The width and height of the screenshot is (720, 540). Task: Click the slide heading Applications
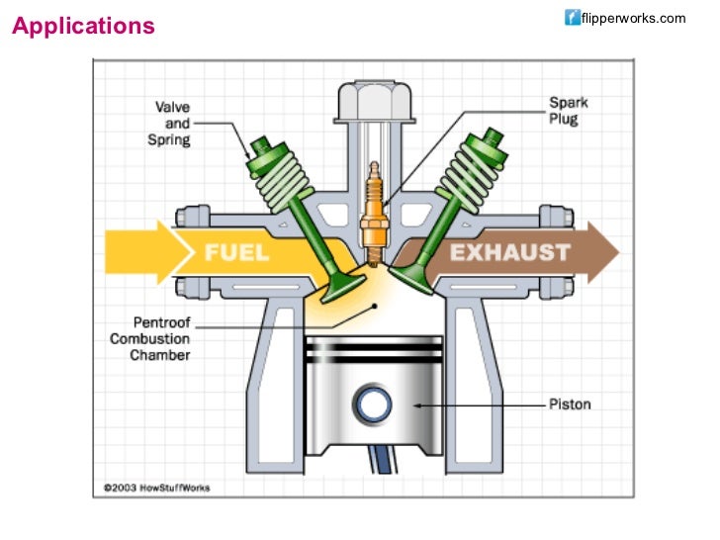83,26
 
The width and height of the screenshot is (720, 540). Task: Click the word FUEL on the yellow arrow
236,252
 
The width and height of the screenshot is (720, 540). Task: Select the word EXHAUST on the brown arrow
509,252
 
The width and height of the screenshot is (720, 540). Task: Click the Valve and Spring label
172,124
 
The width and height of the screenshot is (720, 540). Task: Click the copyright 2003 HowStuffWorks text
158,488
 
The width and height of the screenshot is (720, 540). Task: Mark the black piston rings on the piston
374,353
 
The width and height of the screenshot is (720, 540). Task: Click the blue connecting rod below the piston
381,456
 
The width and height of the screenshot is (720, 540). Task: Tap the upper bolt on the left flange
188,215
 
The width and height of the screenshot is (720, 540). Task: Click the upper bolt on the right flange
555,215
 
